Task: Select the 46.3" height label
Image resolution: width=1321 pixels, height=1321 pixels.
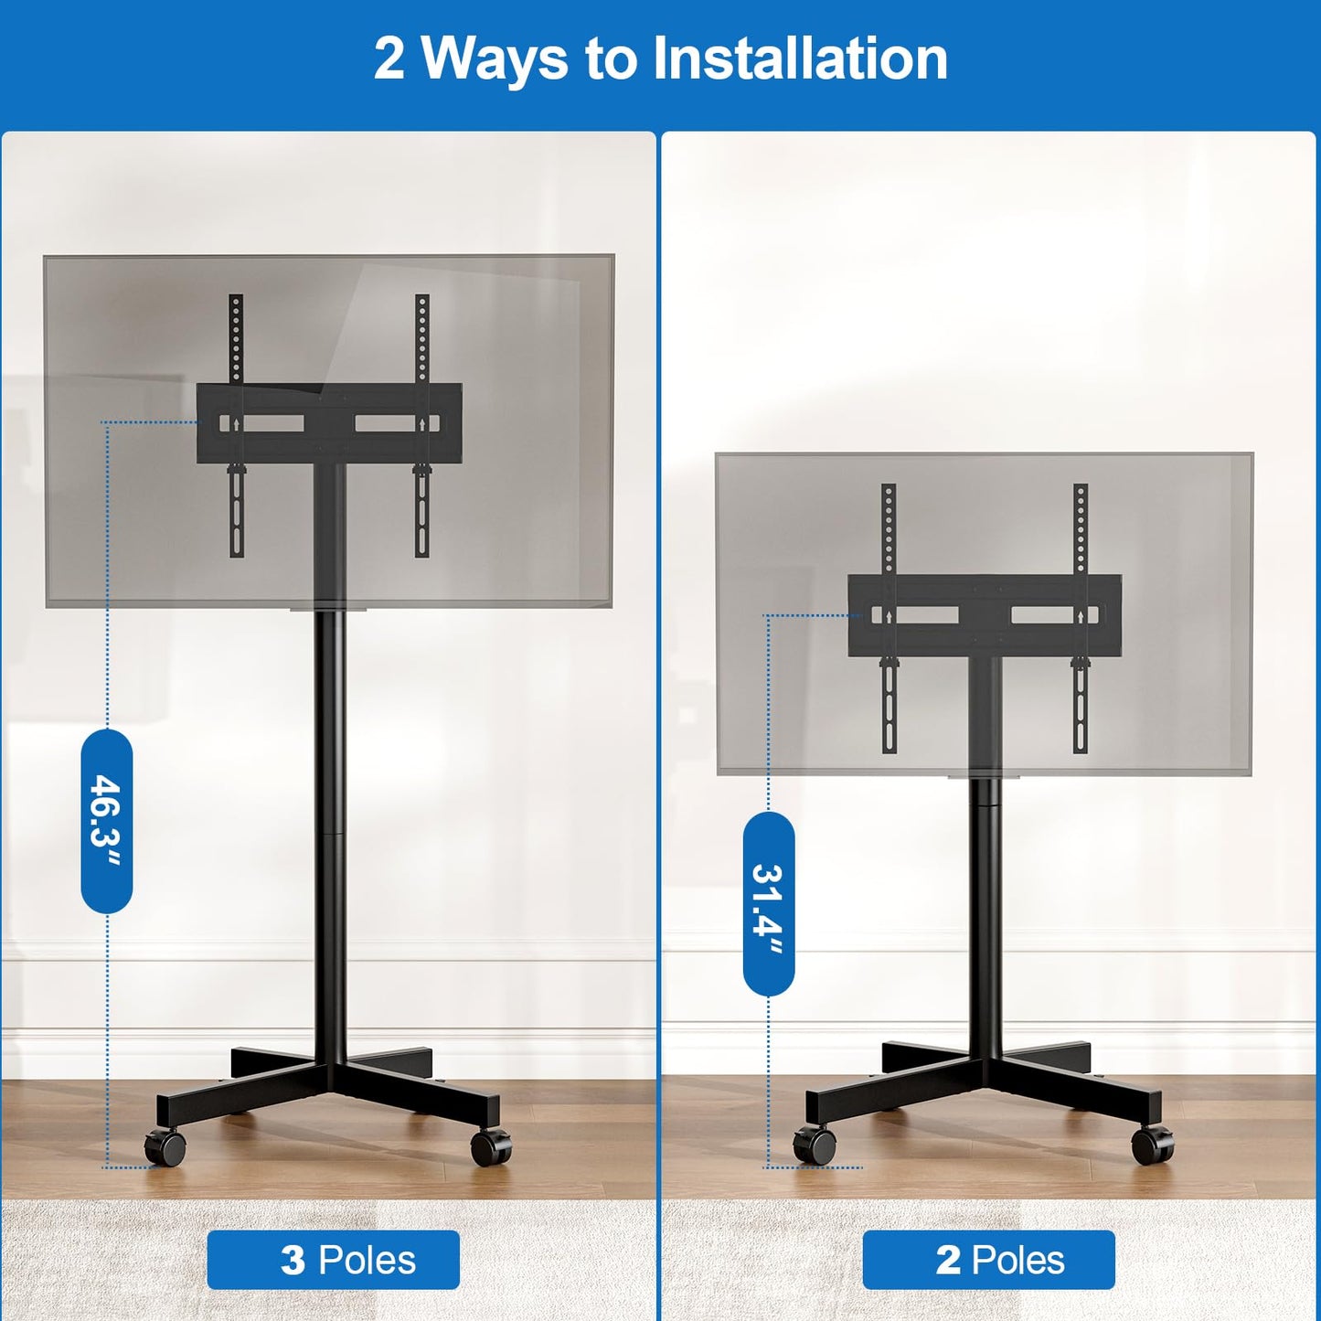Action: [x=107, y=820]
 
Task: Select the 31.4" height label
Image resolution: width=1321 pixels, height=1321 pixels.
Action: [x=769, y=903]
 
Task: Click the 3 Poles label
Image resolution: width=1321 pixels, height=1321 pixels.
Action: [x=333, y=1260]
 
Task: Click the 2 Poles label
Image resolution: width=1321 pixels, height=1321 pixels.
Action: [x=988, y=1260]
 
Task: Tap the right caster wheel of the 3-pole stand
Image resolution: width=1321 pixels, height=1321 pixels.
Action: [x=492, y=1146]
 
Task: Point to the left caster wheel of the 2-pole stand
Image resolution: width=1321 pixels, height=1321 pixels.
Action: [x=815, y=1145]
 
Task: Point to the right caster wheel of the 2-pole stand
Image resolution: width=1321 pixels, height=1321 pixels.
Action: [x=1152, y=1145]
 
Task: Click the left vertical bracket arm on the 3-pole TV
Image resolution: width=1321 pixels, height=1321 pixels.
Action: [x=236, y=338]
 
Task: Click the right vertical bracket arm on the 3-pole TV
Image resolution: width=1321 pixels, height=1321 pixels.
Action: [x=421, y=338]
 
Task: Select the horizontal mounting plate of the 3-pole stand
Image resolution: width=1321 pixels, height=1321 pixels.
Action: [x=329, y=422]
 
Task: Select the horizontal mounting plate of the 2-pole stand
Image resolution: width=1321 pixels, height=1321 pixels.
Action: [x=985, y=614]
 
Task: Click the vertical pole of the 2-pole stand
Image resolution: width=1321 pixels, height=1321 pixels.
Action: [x=985, y=914]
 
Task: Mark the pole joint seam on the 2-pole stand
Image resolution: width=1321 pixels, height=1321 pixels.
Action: [x=985, y=805]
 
